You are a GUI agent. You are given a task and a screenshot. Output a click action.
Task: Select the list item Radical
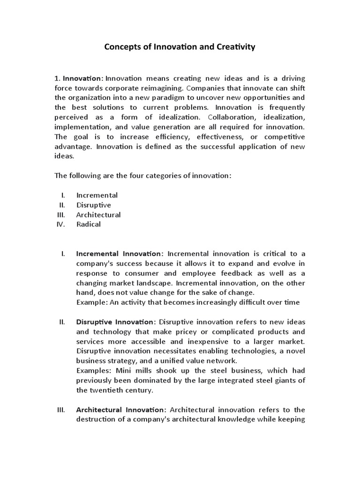[x=89, y=224]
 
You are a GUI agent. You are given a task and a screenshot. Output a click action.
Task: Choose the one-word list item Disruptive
[x=94, y=205]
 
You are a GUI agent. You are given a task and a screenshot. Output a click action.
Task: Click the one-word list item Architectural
[x=98, y=215]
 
